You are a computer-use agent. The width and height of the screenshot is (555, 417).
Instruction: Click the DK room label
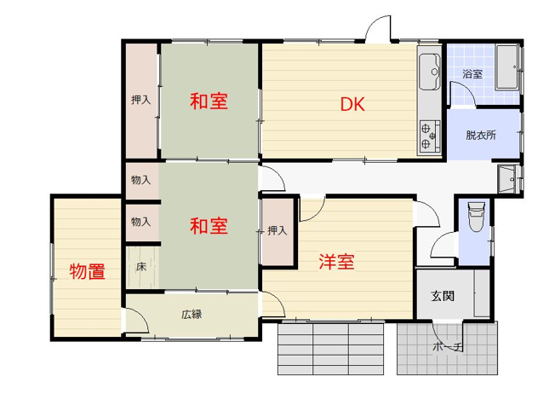coord(352,106)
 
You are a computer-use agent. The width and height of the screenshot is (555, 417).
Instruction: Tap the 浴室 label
coord(472,74)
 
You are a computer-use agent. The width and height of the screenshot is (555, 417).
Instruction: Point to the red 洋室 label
coord(336,262)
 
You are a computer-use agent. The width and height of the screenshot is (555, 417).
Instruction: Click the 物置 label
coord(87,273)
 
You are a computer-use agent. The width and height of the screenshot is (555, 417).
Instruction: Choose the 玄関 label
coord(442,296)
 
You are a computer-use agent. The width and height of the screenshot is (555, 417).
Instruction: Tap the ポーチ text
coord(447,348)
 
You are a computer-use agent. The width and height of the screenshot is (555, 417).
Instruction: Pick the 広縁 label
coord(191,313)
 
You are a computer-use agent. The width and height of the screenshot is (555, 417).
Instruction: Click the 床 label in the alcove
coord(141,266)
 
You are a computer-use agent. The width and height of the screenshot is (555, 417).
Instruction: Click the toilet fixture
coord(475,217)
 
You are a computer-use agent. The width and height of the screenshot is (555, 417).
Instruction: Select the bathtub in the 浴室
coord(507,68)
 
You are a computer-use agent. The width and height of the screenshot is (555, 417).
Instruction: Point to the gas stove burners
coord(428,133)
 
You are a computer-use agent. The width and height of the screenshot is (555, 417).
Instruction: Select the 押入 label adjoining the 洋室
coord(277,230)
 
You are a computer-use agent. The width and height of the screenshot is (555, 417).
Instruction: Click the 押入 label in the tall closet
coord(140,100)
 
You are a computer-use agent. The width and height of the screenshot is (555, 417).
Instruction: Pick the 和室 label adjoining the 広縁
coord(209,227)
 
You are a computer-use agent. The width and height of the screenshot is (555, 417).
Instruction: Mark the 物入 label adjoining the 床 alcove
coord(141,222)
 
